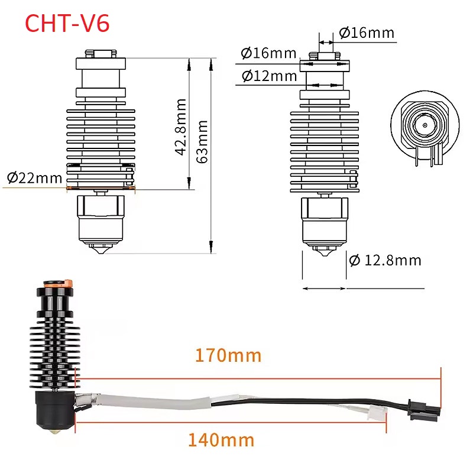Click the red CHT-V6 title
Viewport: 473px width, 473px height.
tap(67, 23)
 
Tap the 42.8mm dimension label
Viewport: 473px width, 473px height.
tap(181, 127)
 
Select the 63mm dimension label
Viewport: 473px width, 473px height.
tap(202, 142)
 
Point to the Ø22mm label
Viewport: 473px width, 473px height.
tap(34, 178)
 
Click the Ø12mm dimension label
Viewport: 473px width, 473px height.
tap(269, 76)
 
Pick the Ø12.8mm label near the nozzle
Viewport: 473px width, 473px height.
tap(385, 260)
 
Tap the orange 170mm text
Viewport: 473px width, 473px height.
tap(228, 355)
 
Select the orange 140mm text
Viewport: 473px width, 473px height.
tap(221, 440)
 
